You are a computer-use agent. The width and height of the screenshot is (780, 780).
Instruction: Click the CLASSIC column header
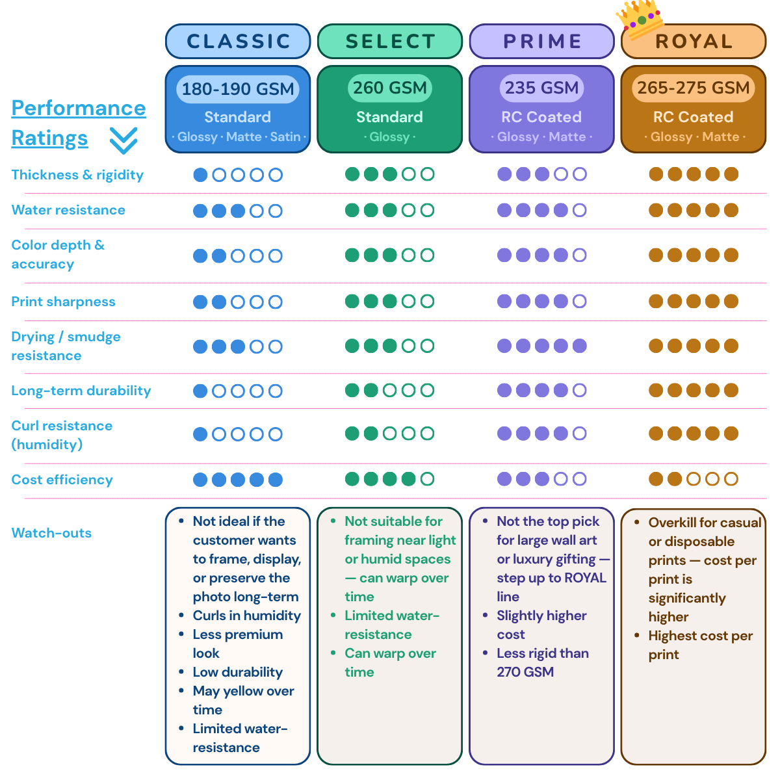tap(238, 42)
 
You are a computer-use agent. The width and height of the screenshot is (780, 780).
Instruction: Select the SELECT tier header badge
tap(389, 42)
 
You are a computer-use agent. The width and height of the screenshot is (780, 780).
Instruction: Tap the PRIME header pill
tap(541, 42)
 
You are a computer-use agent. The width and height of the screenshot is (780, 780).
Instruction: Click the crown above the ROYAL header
tap(640, 18)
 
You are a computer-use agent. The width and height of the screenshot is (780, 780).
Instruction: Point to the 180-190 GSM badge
tap(238, 88)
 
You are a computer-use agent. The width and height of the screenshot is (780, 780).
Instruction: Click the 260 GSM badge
tap(389, 88)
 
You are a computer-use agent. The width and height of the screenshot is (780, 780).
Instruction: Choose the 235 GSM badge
tap(541, 88)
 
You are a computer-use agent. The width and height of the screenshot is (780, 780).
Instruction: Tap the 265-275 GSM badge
tap(694, 88)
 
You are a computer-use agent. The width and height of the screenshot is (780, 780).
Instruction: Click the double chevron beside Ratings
tap(123, 140)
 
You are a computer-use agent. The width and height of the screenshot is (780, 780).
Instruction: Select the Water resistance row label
tap(68, 210)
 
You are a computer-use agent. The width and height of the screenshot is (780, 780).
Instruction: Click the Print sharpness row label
tap(63, 302)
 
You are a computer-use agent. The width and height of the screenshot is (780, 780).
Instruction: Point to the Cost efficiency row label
tap(62, 480)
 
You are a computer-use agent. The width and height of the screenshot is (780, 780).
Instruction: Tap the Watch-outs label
tap(51, 533)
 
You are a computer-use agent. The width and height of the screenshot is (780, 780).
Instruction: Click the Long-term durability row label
tap(81, 391)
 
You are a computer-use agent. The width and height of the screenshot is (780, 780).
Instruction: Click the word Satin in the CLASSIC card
tap(285, 136)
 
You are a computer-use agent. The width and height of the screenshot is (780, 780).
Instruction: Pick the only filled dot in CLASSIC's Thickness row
tap(200, 175)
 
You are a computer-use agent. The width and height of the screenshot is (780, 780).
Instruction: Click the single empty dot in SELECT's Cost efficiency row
tap(428, 479)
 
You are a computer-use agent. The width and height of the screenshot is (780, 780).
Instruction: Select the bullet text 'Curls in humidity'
tap(247, 616)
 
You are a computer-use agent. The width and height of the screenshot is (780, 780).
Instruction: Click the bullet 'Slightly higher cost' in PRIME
tap(541, 625)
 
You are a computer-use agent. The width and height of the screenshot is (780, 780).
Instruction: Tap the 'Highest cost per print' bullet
tap(700, 645)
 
